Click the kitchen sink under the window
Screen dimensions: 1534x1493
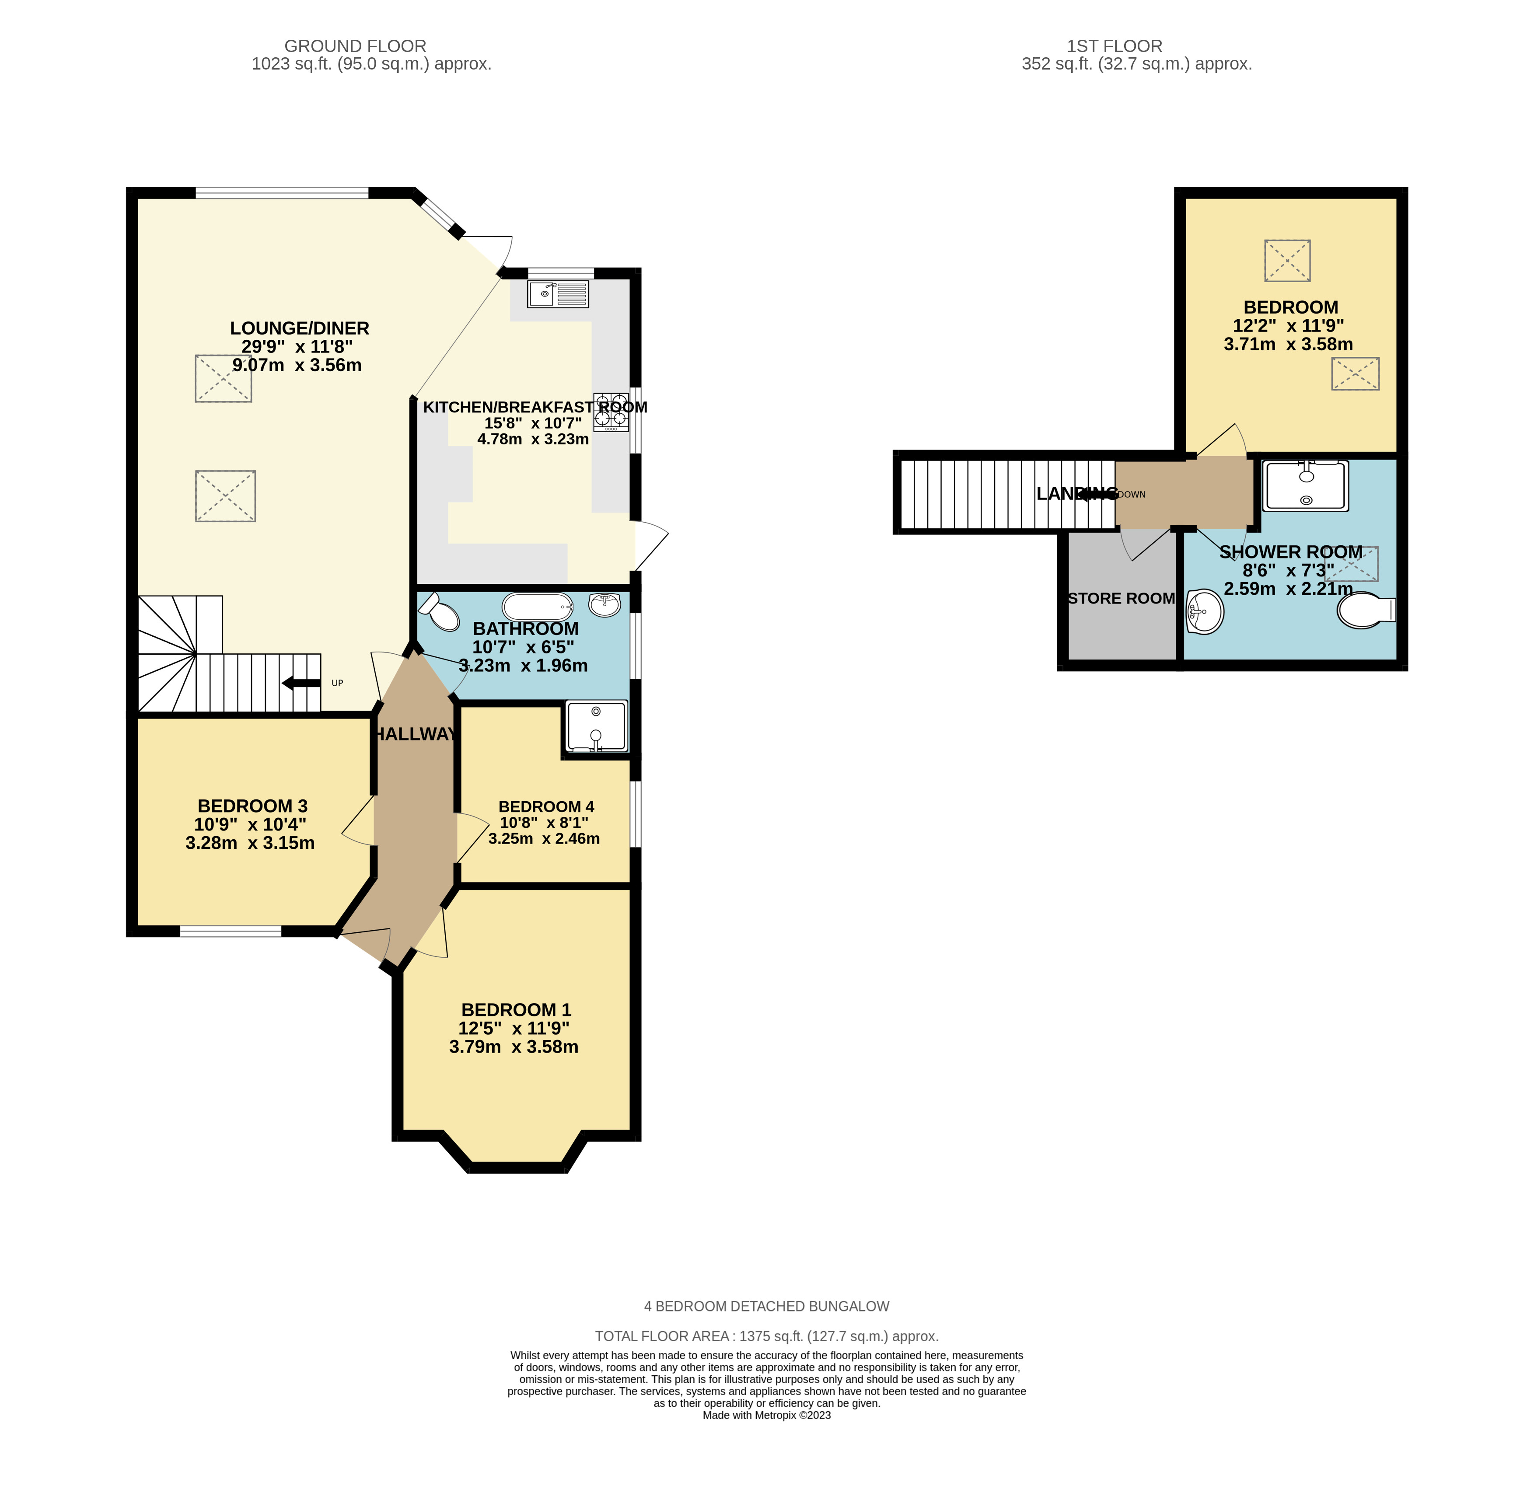click(x=558, y=293)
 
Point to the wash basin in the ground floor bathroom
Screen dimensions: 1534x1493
click(x=605, y=604)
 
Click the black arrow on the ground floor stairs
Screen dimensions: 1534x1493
click(x=301, y=683)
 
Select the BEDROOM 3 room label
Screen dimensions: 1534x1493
click(x=252, y=806)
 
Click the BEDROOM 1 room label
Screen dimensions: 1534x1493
click(x=516, y=1010)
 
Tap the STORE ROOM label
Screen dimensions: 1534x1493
click(x=1122, y=598)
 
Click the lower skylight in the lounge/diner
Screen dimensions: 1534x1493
click(x=225, y=495)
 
